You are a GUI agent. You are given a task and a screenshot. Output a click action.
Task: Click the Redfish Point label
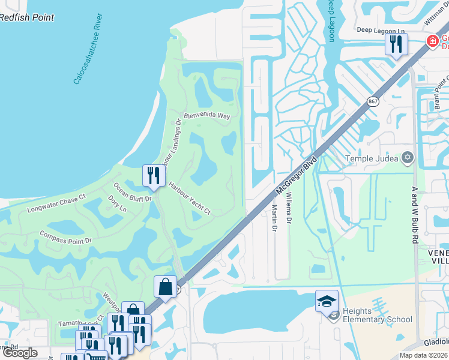click(x=27, y=17)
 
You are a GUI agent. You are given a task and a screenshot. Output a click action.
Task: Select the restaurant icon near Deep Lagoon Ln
click(x=396, y=44)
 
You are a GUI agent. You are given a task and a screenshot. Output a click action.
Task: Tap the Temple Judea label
click(x=372, y=159)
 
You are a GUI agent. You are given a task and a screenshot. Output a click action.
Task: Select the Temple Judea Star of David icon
click(x=408, y=158)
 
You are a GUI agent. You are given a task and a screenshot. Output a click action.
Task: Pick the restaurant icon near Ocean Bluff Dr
click(x=153, y=176)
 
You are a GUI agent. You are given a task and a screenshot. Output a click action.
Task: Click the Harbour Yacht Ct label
click(x=190, y=198)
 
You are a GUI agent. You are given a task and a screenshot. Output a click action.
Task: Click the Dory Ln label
click(x=117, y=203)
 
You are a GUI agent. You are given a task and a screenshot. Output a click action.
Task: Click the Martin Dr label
click(x=274, y=217)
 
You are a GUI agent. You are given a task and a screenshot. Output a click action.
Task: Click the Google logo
click(x=20, y=353)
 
